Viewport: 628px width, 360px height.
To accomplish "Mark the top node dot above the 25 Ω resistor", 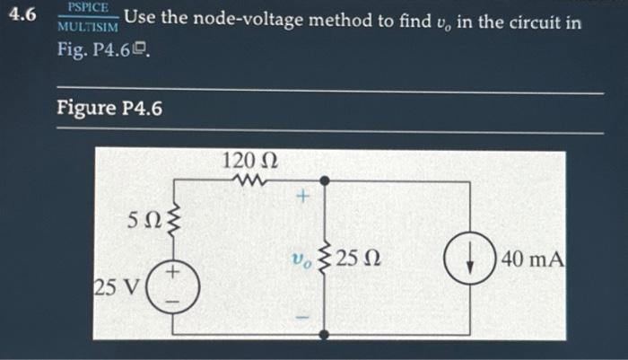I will pos(325,181).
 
